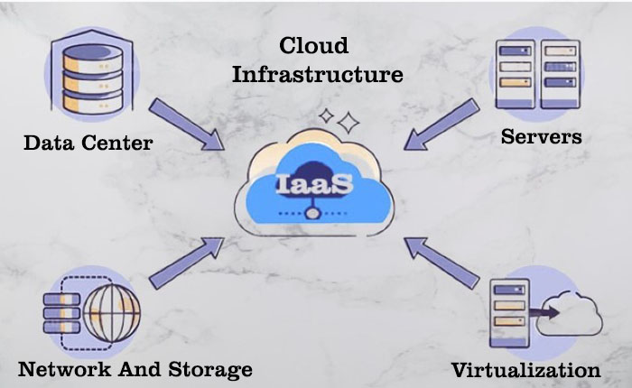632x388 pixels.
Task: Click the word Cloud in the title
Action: coord(313,45)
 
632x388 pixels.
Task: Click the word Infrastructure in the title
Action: coord(317,74)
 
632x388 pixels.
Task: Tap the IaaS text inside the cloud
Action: coord(315,185)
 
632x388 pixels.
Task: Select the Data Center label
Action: coord(88,143)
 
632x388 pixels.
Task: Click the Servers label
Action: coord(541,137)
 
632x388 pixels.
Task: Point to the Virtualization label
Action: coord(525,369)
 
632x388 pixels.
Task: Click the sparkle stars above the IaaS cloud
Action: coord(340,119)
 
